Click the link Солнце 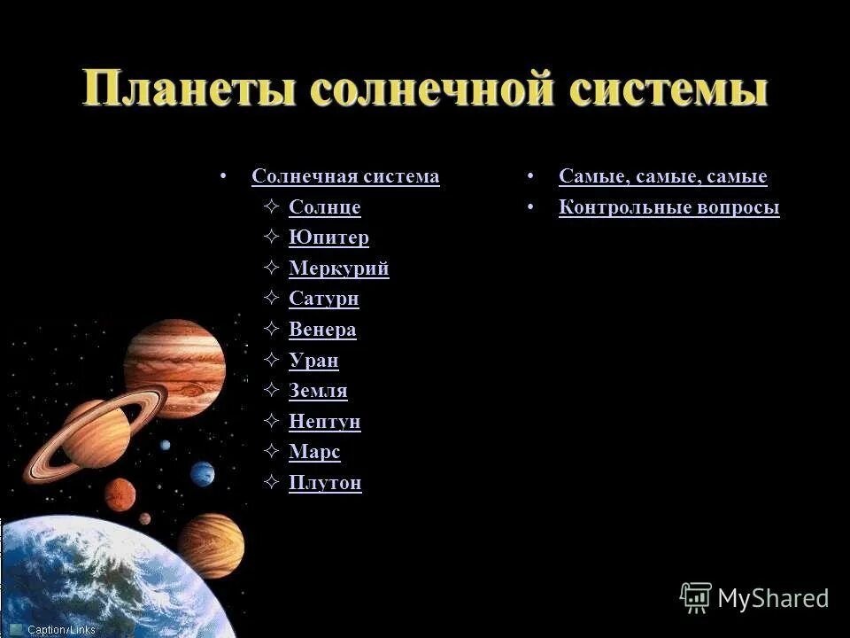(324, 207)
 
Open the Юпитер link (328, 237)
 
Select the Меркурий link (338, 268)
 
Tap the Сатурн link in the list (323, 299)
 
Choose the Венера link (322, 330)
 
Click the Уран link (313, 361)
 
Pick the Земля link (318, 391)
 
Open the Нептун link (324, 422)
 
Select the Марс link (314, 452)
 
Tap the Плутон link (325, 483)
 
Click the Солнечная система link (345, 176)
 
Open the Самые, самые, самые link (662, 176)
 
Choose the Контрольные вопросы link (668, 207)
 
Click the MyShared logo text (772, 598)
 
